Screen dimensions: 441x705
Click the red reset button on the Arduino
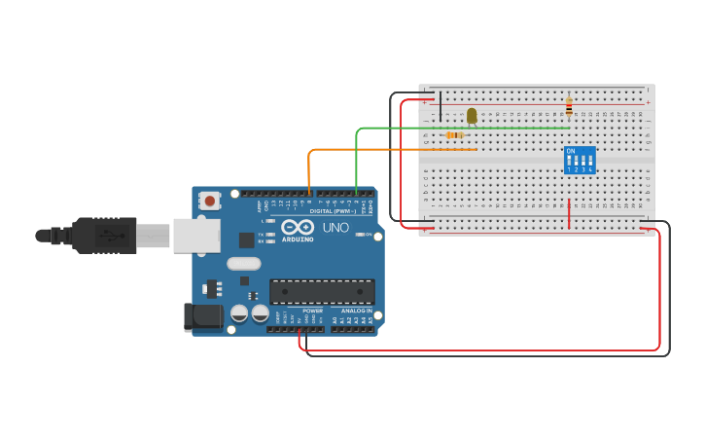pyautogui.click(x=209, y=201)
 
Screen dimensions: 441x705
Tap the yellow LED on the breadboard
pyautogui.click(x=472, y=116)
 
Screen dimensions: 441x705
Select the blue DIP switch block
pyautogui.click(x=580, y=160)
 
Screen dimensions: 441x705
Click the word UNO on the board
pyautogui.click(x=335, y=228)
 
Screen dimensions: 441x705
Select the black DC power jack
pyautogui.click(x=201, y=315)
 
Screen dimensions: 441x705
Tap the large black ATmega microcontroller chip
pyautogui.click(x=322, y=292)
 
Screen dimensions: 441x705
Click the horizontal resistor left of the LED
pyautogui.click(x=454, y=134)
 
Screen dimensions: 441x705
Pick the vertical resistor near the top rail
pyautogui.click(x=569, y=106)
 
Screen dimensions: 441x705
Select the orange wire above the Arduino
pyautogui.click(x=389, y=149)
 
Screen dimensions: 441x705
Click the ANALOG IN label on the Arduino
pyautogui.click(x=356, y=311)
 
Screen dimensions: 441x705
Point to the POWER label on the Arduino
pyautogui.click(x=312, y=311)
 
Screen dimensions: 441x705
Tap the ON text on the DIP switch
pyautogui.click(x=571, y=151)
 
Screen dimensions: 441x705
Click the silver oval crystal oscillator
pyautogui.click(x=244, y=263)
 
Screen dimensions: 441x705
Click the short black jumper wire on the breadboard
pyautogui.click(x=441, y=105)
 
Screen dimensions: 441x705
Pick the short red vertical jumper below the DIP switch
pyautogui.click(x=569, y=214)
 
